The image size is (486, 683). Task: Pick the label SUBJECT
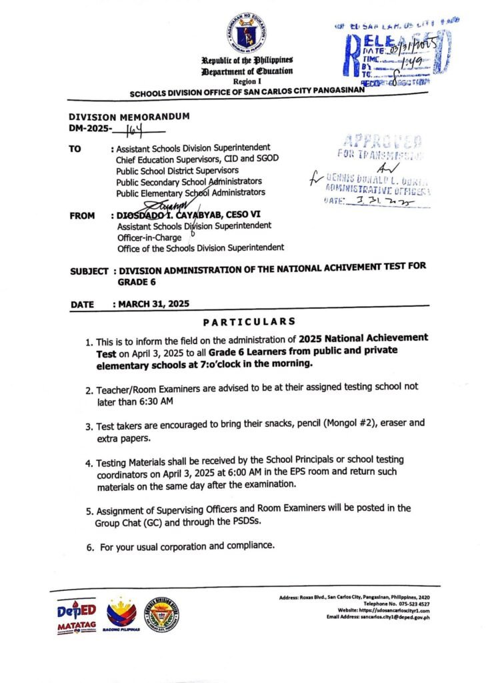tap(89, 271)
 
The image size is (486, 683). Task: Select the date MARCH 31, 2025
tap(154, 303)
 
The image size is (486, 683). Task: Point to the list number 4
tap(89, 462)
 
